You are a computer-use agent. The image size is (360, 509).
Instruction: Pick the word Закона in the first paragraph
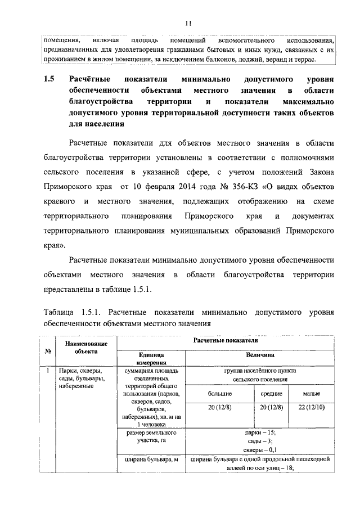coord(320,170)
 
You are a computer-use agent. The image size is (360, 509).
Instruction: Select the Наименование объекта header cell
coord(85,347)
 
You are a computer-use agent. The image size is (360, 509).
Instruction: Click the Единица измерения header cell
coord(150,359)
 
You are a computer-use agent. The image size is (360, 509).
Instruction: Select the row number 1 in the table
coord(48,371)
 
